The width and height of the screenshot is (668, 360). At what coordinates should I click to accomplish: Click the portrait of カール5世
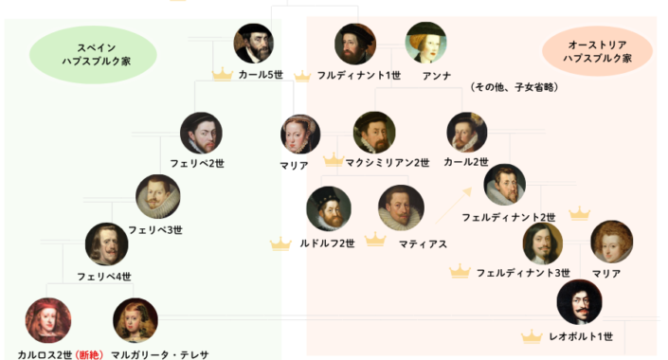click(x=255, y=44)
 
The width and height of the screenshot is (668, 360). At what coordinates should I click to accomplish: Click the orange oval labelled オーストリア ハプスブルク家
click(x=597, y=51)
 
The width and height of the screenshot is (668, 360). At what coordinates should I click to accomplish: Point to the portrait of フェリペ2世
click(x=202, y=134)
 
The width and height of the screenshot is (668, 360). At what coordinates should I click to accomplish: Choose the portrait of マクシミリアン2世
click(x=374, y=133)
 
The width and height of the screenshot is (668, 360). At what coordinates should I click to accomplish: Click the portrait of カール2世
click(x=466, y=133)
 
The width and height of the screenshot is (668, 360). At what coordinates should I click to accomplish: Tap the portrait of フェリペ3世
click(x=156, y=196)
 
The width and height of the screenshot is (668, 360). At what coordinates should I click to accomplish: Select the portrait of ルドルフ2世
click(x=328, y=207)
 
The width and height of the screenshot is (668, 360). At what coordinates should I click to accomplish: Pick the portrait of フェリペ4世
click(x=106, y=244)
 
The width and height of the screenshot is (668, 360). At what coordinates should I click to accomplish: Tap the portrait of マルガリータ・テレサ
click(x=135, y=320)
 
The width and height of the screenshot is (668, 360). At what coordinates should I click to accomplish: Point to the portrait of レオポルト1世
click(x=578, y=303)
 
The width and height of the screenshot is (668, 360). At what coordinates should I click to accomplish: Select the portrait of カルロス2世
click(x=47, y=320)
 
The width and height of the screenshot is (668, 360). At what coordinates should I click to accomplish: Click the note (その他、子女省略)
click(x=513, y=87)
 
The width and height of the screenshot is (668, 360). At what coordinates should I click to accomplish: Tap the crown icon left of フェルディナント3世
click(x=460, y=272)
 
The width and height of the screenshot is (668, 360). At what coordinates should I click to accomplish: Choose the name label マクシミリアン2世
click(x=388, y=163)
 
